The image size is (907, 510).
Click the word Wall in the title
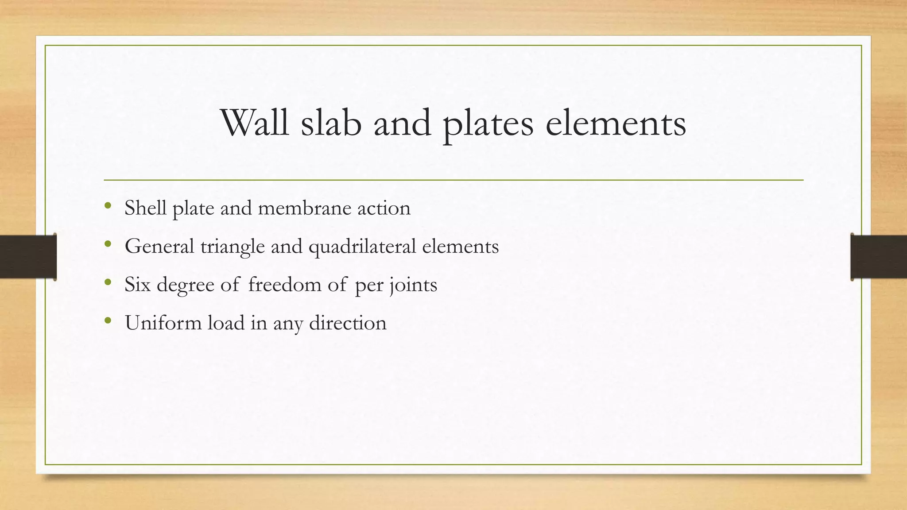click(x=255, y=123)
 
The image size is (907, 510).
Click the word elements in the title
click(x=616, y=123)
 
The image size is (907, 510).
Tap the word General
click(x=159, y=246)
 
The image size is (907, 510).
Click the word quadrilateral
click(x=362, y=247)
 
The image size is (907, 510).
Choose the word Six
click(x=138, y=284)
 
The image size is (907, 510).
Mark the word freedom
click(x=285, y=284)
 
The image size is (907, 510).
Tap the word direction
click(x=348, y=323)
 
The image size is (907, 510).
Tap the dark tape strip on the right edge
click(x=879, y=257)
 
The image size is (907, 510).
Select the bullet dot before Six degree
click(x=108, y=282)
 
